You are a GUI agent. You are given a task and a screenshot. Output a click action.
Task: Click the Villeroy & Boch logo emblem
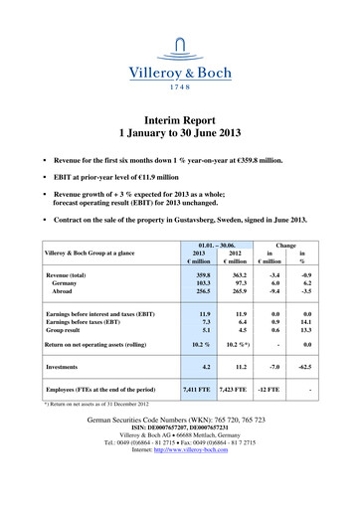coord(179,43)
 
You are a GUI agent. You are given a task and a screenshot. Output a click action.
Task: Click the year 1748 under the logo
coord(180,85)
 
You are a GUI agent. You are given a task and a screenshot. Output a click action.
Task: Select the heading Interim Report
coord(180,113)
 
